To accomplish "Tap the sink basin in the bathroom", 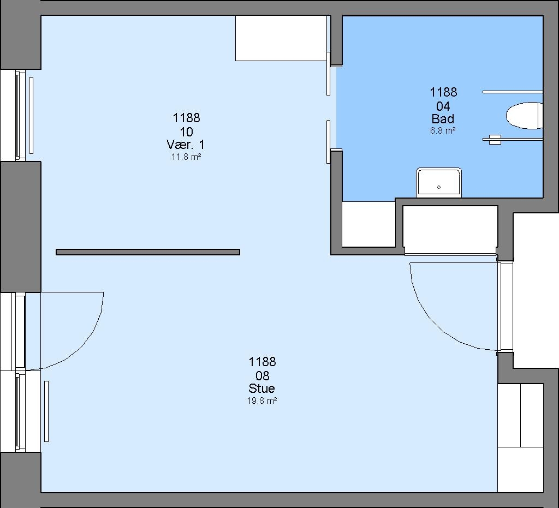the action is click(x=439, y=182).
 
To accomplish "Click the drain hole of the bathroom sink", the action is click(x=439, y=187).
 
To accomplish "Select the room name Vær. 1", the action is click(x=186, y=145).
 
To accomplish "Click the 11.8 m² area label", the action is click(x=186, y=157).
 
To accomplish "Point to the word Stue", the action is click(x=262, y=389).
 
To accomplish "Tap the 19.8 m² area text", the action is click(x=262, y=401).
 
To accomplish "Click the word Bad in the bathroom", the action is click(x=443, y=118).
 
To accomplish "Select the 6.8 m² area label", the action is click(x=443, y=131).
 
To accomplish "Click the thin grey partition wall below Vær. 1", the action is click(x=148, y=252).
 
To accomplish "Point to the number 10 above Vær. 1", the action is click(x=186, y=132).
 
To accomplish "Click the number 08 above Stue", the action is click(x=262, y=376).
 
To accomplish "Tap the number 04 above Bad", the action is click(x=443, y=106).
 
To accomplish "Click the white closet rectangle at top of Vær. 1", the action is click(x=281, y=38).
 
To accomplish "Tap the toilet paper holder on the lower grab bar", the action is click(x=495, y=139).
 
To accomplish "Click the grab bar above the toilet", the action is click(x=513, y=92).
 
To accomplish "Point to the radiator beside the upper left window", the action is click(x=31, y=116).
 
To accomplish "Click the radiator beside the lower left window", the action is click(x=46, y=411).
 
